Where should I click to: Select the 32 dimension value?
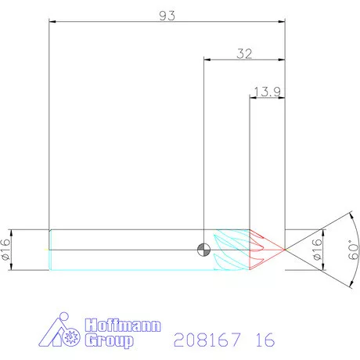[243, 53]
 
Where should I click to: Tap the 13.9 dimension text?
[266, 92]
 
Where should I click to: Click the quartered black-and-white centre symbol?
[203, 250]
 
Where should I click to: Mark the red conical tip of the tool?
[266, 249]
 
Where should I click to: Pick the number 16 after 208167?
[265, 339]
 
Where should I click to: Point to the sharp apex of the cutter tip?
[286, 250]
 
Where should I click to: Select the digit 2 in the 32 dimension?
[248, 53]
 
